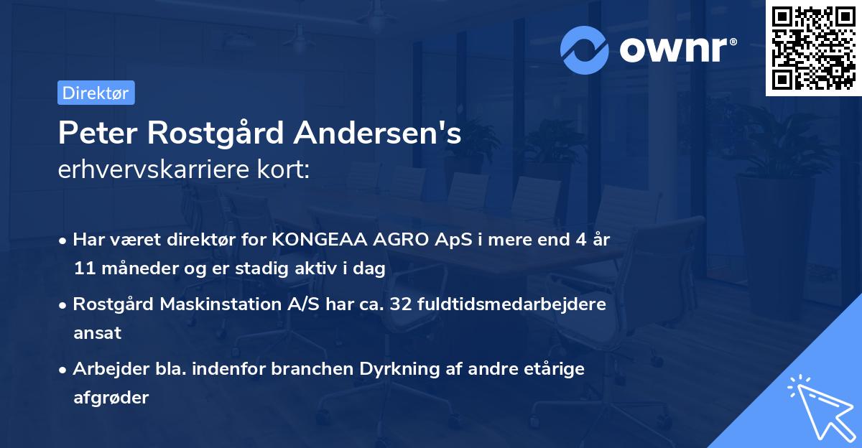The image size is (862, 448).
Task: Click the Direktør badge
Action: (96, 93)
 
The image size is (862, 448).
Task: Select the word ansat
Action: (97, 332)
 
